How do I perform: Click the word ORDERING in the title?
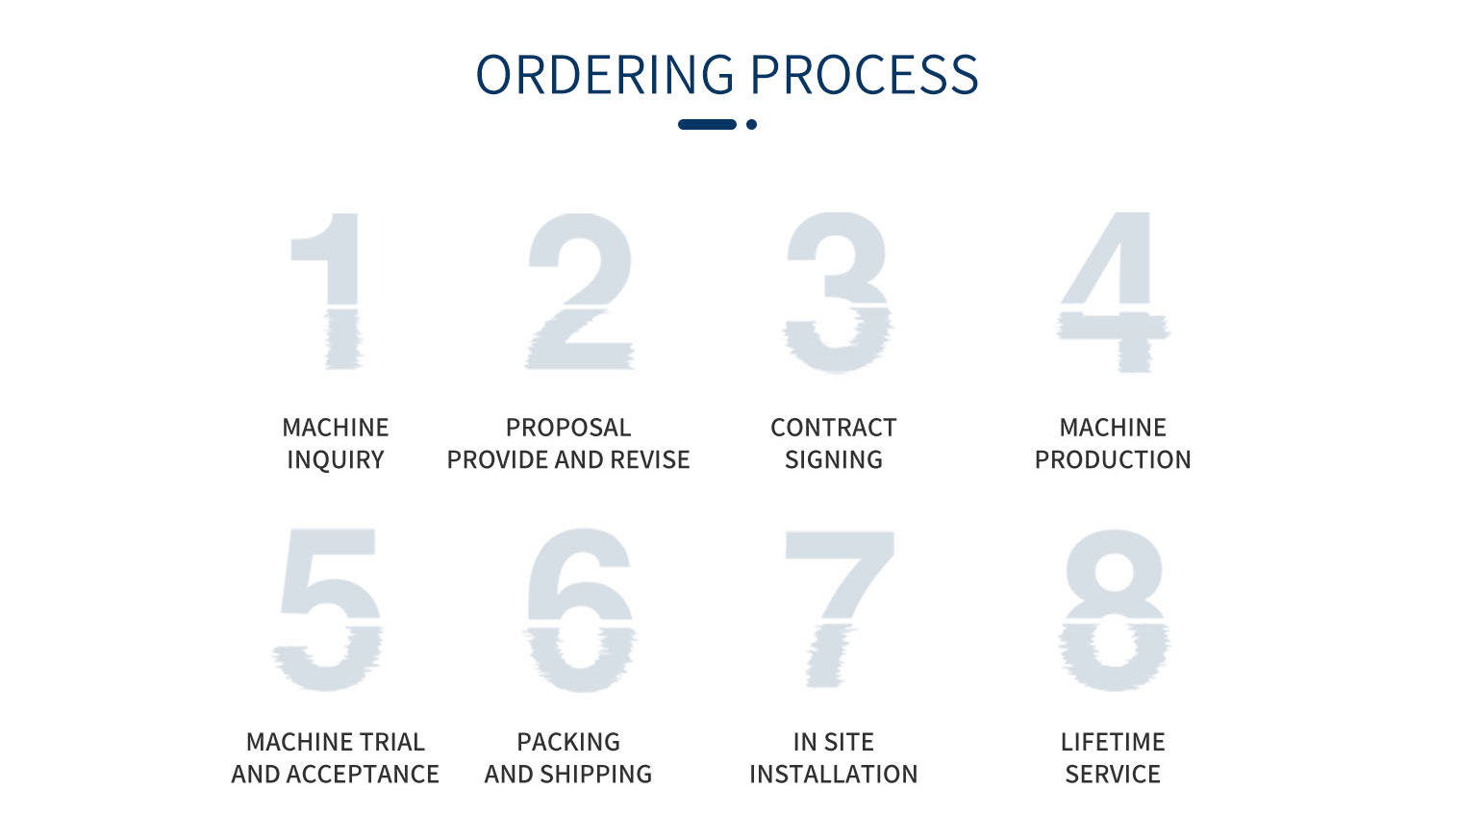tap(605, 74)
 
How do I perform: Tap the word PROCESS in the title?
tap(865, 74)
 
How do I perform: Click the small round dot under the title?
tap(752, 124)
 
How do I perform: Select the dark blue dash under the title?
tap(708, 124)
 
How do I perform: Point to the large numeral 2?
tap(579, 291)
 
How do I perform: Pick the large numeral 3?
tap(837, 292)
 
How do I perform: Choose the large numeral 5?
tap(328, 609)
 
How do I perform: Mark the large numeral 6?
tap(581, 609)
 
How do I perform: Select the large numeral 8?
tap(1115, 609)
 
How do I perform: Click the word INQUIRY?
tap(336, 460)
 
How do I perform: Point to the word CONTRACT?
tap(833, 428)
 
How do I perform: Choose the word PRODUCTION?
tap(1113, 460)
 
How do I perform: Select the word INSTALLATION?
tap(833, 775)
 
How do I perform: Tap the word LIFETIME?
tap(1113, 742)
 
